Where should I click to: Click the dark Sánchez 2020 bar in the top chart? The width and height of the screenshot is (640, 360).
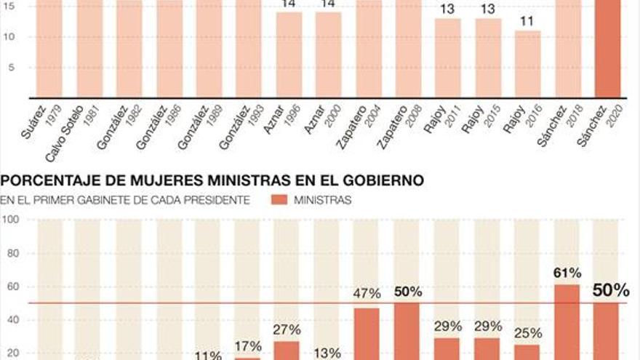(x=608, y=51)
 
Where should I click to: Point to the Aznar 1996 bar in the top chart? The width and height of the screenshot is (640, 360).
(x=288, y=55)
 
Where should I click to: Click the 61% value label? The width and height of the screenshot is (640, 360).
(x=567, y=273)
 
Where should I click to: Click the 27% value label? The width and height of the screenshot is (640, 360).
(x=287, y=329)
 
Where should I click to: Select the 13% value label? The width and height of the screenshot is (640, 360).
(x=327, y=353)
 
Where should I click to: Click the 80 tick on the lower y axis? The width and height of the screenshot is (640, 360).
(x=13, y=253)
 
